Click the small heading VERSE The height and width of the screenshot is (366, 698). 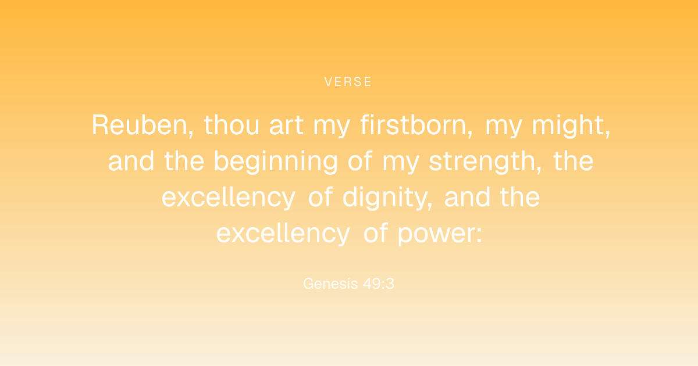tap(348, 82)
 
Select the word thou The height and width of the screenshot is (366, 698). tap(232, 125)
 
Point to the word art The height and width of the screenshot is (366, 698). tap(286, 125)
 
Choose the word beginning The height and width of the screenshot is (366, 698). tap(276, 162)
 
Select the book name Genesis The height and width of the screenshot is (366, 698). tap(330, 284)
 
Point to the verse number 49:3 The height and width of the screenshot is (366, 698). tap(379, 284)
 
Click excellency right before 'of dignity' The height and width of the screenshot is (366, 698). tap(229, 198)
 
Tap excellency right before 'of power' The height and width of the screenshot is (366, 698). tap(283, 234)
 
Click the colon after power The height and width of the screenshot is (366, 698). tap(479, 235)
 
